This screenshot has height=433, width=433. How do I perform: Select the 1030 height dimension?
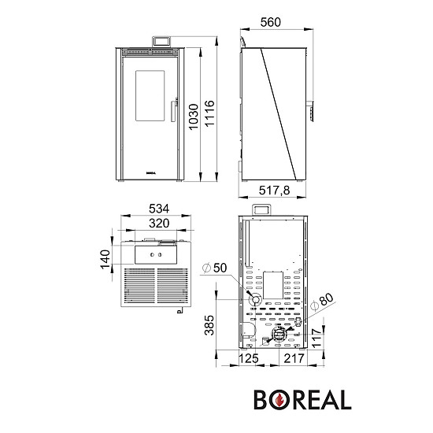point(194,117)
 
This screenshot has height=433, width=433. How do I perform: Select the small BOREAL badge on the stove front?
point(150,169)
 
